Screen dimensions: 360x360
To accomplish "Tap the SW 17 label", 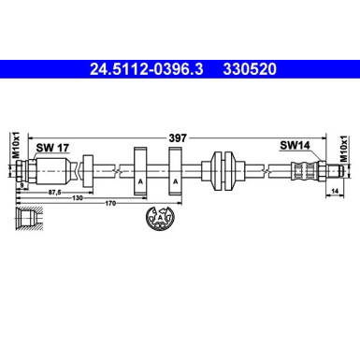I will (50, 146).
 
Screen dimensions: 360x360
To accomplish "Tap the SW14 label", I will (295, 145).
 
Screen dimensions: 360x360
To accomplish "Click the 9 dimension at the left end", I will (21, 185).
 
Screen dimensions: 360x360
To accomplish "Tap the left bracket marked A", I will (140, 172).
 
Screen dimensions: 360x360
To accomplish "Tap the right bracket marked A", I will (175, 172).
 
